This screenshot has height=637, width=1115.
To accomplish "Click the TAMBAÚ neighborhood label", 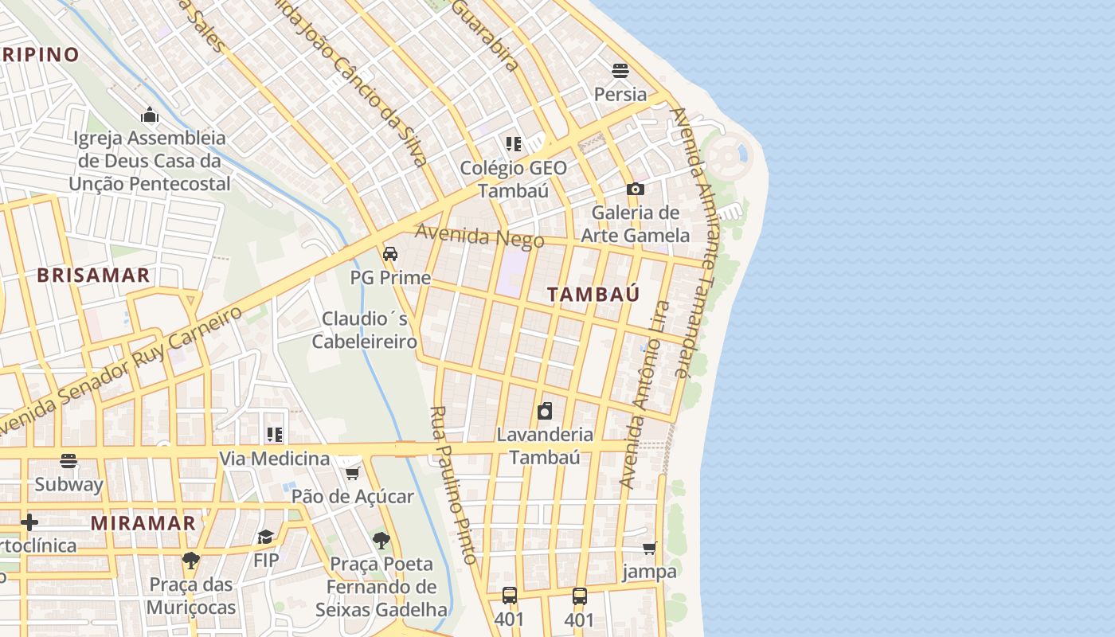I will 593,294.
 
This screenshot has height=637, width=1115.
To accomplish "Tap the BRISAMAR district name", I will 93,276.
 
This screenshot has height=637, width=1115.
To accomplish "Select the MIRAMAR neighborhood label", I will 143,523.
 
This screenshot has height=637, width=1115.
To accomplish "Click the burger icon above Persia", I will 620,70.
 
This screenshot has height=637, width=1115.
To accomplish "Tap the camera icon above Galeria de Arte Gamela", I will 635,189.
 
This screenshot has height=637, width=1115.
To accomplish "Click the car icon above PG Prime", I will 390,254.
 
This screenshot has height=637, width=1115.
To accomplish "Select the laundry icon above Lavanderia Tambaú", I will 545,411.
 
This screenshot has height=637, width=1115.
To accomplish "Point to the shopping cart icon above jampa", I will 650,548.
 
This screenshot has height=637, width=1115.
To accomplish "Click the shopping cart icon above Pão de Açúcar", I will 352,473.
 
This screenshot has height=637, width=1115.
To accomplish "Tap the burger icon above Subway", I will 68,461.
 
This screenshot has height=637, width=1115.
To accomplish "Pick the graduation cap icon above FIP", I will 266,537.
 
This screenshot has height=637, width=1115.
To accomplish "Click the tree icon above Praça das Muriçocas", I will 190,561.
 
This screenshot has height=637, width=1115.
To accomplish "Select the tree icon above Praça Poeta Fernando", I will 381,541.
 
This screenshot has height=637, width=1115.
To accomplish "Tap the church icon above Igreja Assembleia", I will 150,115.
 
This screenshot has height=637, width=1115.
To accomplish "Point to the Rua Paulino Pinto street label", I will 454,486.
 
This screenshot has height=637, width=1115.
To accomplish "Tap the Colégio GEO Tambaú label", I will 514,179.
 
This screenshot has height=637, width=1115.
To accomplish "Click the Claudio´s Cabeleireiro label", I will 365,330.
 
